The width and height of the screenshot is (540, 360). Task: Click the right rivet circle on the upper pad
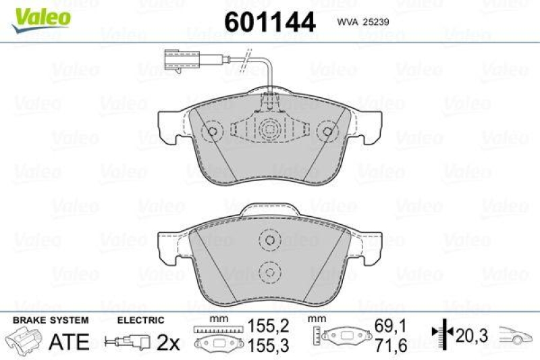coord(329,132)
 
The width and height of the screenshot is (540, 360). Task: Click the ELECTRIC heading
coord(140,320)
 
